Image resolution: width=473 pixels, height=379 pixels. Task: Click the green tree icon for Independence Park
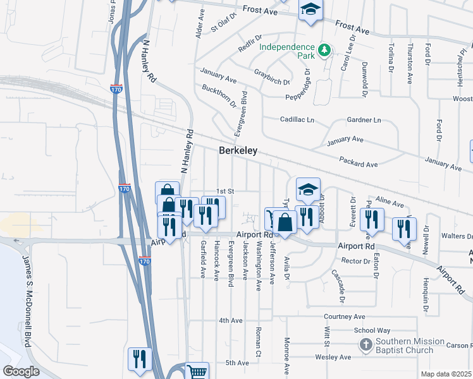324,49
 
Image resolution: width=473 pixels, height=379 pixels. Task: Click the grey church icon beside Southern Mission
365,345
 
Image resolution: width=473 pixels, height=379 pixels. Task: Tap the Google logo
21,371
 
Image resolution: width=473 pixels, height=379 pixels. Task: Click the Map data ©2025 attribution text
446,374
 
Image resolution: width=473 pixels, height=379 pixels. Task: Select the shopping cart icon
197,372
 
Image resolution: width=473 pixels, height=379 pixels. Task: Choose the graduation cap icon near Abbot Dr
308,189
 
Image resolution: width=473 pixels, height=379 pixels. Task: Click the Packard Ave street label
358,162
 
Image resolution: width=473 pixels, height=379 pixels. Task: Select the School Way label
372,330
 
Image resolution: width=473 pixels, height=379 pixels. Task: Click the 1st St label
226,191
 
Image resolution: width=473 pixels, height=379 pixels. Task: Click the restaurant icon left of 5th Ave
140,359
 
